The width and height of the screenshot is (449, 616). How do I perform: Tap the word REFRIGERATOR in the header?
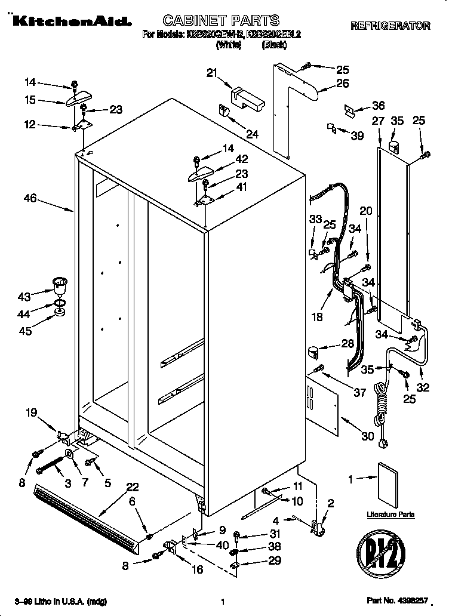coord(390,26)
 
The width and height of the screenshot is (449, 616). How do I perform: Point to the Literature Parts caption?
coord(390,514)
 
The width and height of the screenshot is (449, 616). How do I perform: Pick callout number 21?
coord(211,73)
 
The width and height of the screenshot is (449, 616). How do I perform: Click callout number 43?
coord(24,297)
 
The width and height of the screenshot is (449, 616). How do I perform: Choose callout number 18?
coord(318,317)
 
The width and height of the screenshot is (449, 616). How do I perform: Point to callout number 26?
coord(342,84)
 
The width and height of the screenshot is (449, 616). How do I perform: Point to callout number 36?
coord(378,106)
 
